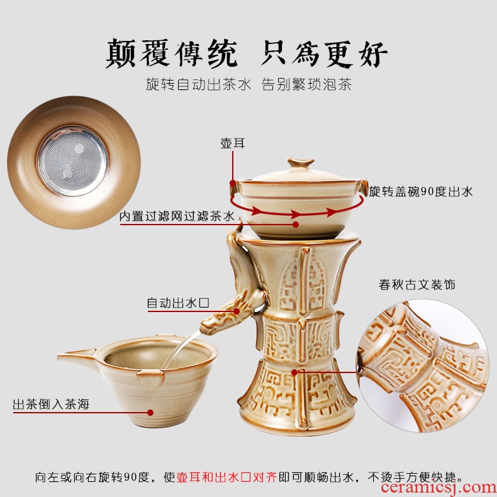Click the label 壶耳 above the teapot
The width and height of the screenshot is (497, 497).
click(233, 143)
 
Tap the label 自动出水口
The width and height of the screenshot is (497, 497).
click(178, 303)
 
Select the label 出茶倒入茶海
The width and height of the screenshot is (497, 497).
click(51, 405)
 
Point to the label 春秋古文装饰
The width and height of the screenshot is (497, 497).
click(417, 284)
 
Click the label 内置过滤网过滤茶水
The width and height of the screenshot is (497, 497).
click(177, 216)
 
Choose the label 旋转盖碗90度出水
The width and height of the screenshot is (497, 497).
click(421, 191)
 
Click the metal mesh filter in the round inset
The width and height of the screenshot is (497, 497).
click(72, 160)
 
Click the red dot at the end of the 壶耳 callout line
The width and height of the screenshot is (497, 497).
click(233, 183)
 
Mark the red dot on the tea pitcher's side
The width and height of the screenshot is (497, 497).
click(150, 412)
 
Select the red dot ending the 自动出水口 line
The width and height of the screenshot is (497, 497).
click(237, 311)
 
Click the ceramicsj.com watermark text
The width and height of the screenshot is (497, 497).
click(438, 487)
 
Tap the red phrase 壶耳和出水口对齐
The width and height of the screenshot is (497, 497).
click(226, 477)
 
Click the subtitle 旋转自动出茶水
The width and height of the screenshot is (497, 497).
click(198, 85)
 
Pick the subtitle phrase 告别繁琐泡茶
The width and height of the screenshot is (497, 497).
click(307, 85)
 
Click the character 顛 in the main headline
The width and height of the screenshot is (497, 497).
click(121, 53)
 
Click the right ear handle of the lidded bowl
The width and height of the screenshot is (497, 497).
click(363, 188)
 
